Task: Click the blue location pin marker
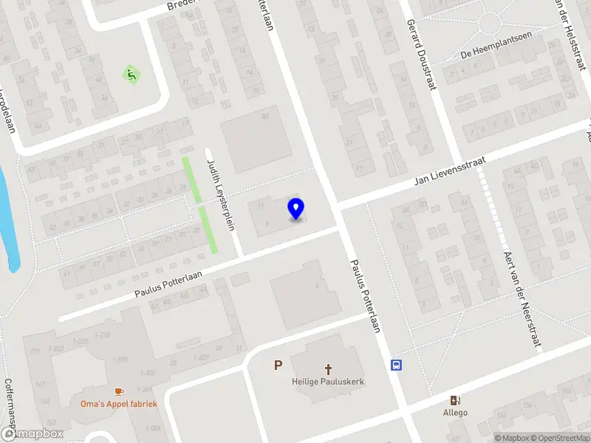[296, 209]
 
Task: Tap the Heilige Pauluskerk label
[328, 382]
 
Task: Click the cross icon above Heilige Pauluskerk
[328, 368]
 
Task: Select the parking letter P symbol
[278, 365]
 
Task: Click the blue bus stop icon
[397, 365]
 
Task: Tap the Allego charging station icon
[455, 399]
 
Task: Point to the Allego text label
[455, 412]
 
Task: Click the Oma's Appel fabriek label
[119, 404]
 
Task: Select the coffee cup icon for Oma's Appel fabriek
[119, 391]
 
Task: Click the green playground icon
[131, 74]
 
